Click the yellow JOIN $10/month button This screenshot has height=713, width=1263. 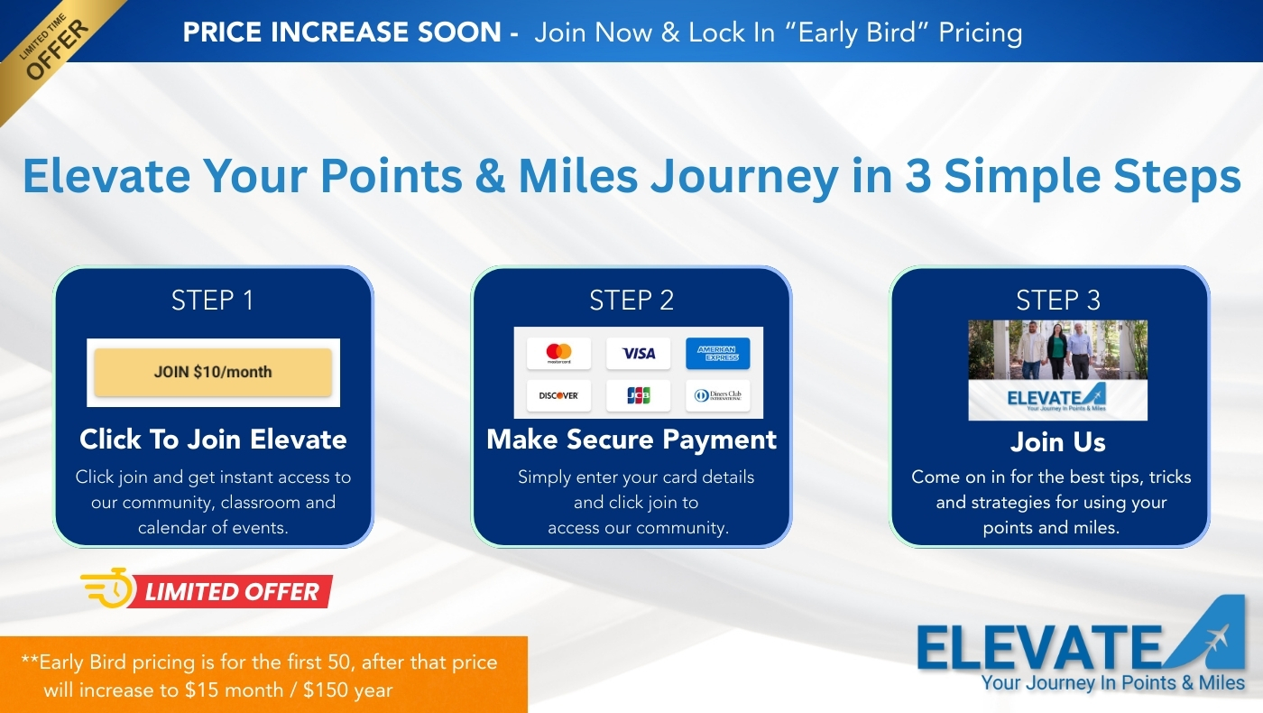click(x=213, y=372)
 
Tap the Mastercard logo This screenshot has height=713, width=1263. click(x=558, y=354)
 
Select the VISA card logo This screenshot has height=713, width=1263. click(x=638, y=354)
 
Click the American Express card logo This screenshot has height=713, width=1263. click(x=717, y=354)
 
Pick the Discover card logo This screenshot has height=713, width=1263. click(x=558, y=395)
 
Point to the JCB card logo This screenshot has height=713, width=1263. click(x=638, y=395)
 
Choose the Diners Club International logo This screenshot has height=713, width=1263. click(x=717, y=395)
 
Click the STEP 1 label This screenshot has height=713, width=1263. click(x=213, y=301)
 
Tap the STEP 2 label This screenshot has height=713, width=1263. click(x=631, y=301)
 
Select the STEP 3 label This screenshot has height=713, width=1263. click(x=1058, y=301)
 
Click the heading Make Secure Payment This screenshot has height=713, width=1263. click(x=631, y=440)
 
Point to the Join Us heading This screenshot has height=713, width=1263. click(x=1057, y=442)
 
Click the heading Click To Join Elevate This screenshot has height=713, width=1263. click(x=213, y=440)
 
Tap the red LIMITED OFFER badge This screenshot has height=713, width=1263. click(x=232, y=592)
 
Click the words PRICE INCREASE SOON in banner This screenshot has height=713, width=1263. click(x=342, y=32)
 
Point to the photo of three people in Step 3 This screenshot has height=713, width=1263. click(x=1057, y=349)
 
